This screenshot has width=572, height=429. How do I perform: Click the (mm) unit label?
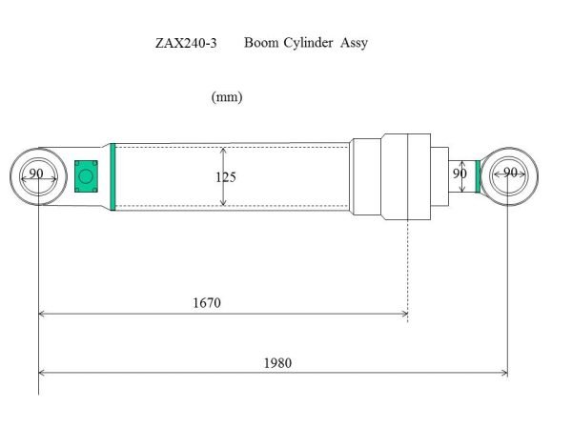coord(226,97)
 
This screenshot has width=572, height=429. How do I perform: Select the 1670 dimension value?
coord(207,303)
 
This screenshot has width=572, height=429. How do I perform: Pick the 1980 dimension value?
coord(277,362)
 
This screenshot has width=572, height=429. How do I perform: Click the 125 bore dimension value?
coord(225,177)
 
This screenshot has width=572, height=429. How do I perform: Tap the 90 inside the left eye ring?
coord(36,174)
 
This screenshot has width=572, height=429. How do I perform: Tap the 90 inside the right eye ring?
coord(510,173)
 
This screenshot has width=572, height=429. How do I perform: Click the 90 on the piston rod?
coord(460,174)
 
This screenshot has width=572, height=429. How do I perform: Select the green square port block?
coord(86,175)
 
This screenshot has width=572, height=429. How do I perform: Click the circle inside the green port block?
coord(86,175)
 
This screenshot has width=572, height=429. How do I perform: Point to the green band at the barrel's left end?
coord(112,175)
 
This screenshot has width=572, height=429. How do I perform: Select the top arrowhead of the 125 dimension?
coord(223,150)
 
